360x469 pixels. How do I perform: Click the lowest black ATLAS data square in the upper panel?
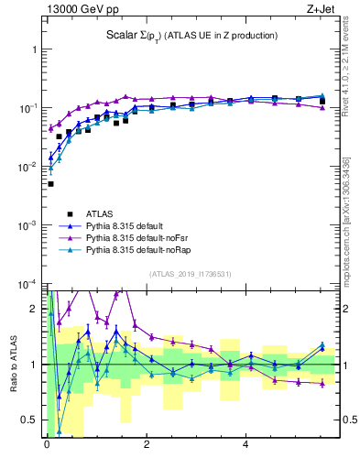[x=50, y=184]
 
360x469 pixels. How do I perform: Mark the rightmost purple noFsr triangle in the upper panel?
[x=322, y=108]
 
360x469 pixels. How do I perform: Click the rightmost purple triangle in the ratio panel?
[x=322, y=384]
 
